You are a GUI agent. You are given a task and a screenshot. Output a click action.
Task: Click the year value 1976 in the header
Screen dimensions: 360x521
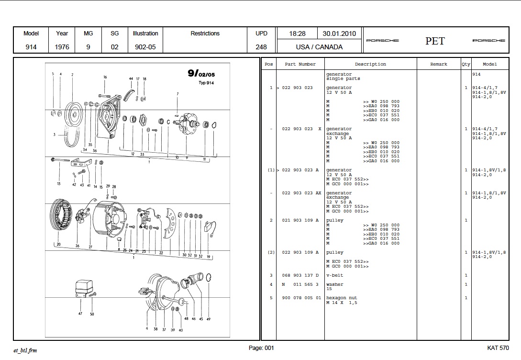[62, 47]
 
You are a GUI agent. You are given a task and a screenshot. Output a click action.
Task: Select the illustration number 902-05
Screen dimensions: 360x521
[145, 47]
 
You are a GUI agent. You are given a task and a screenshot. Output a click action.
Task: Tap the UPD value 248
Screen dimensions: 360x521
[262, 47]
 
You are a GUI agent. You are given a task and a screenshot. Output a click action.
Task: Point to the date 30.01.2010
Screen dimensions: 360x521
[339, 34]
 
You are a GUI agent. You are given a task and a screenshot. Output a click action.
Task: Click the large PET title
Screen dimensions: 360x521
[435, 41]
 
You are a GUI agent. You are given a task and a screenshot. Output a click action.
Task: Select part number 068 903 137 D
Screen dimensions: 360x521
[300, 275]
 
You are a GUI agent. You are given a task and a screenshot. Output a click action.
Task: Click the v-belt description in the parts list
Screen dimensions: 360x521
[334, 275]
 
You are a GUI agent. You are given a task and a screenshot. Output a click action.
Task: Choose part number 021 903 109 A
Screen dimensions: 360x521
[300, 220]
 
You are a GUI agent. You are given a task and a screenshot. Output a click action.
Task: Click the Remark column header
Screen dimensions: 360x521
[438, 64]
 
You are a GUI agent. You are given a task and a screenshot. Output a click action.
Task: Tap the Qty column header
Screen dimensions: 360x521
[466, 64]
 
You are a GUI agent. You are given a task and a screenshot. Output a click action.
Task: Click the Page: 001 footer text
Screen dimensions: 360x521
[261, 348]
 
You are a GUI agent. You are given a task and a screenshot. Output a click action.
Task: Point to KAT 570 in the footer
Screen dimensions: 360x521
[498, 348]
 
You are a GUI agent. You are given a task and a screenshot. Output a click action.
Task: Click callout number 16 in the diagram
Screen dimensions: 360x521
[105, 77]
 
